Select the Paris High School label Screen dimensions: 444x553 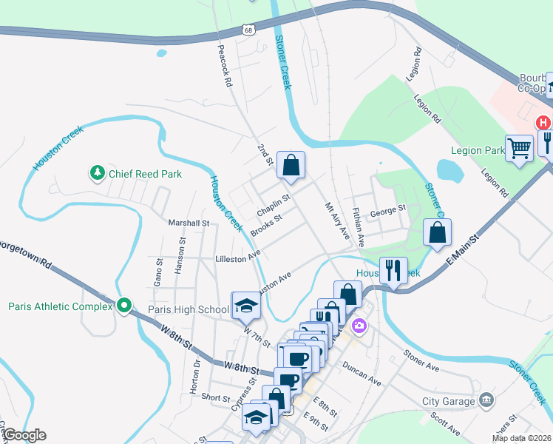point(189,309)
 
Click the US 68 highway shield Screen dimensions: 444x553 point(248,30)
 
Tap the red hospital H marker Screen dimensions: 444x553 point(543,123)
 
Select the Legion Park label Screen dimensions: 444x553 point(478,149)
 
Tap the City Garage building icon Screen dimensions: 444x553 point(486,401)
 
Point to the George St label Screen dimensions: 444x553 point(389,210)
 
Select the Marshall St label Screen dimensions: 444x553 point(189,223)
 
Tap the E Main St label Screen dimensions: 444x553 point(463,251)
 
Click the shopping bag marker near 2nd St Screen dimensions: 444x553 point(291,165)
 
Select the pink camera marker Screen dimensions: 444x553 point(359,325)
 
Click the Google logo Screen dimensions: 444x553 point(24,435)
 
